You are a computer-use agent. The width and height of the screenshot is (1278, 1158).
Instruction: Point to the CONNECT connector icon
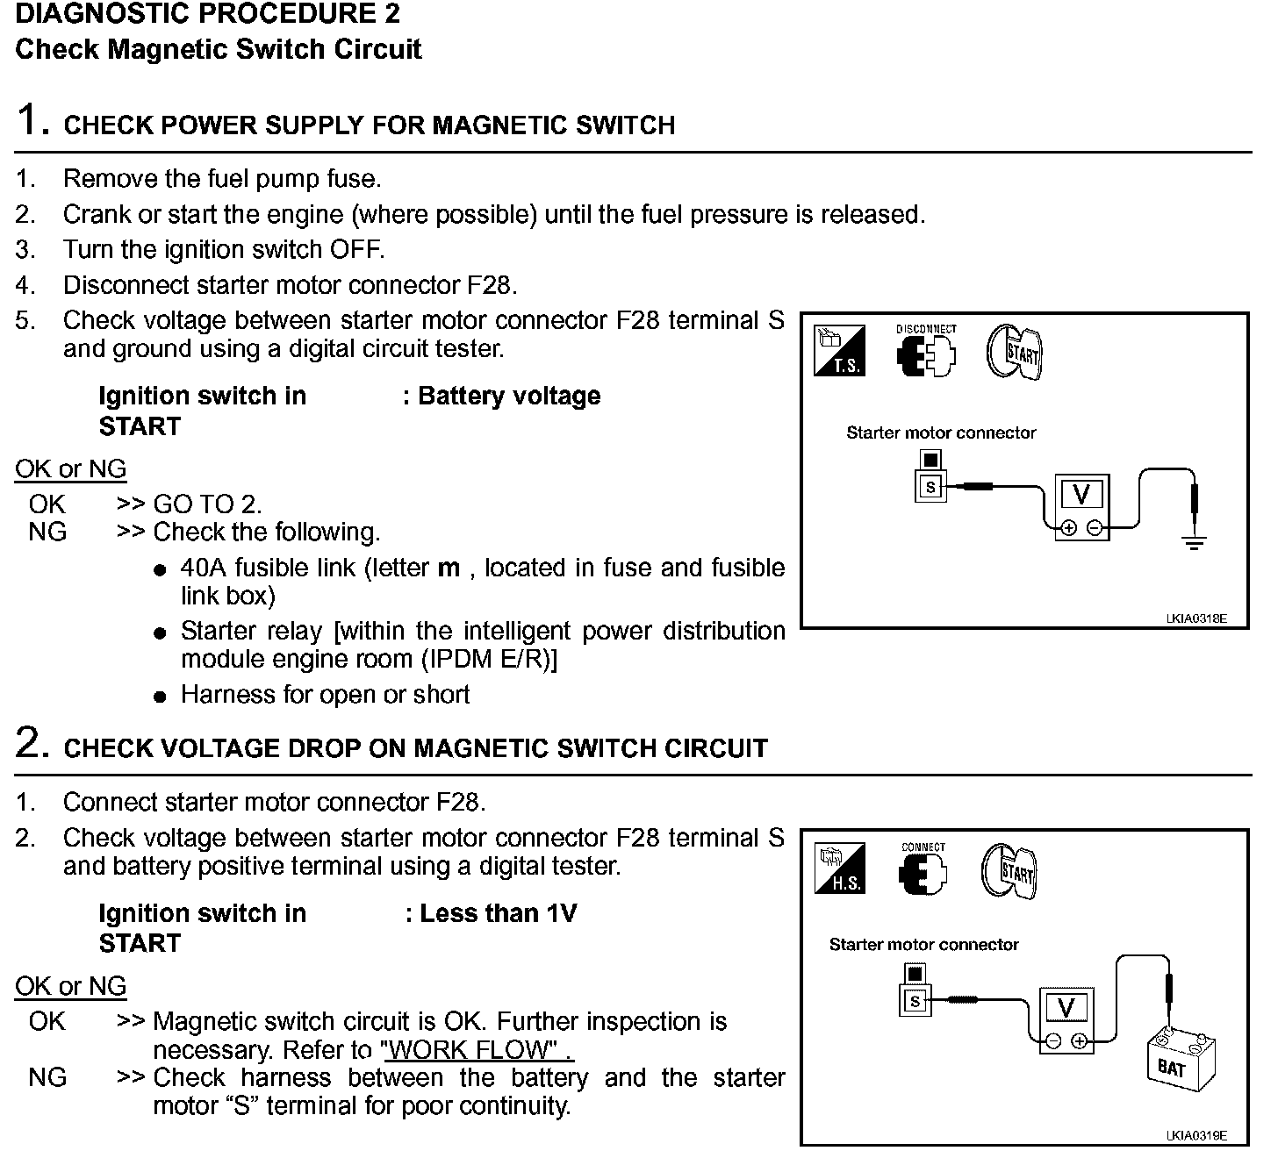tap(923, 873)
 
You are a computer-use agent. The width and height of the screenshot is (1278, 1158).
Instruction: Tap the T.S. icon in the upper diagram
tap(840, 350)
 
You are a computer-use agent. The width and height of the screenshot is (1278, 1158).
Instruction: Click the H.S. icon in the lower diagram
tap(840, 868)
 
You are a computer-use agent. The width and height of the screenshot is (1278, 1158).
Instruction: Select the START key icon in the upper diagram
tap(1015, 353)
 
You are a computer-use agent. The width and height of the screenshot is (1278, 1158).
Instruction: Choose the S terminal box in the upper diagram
tap(930, 487)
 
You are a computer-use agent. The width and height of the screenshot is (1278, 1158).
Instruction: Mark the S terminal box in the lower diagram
tap(915, 1000)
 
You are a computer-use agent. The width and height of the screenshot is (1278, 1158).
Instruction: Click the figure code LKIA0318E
tap(1195, 619)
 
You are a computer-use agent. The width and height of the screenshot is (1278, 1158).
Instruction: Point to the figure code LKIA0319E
tap(1195, 1136)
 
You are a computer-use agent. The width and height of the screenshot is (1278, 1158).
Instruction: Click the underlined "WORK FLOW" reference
tap(477, 1049)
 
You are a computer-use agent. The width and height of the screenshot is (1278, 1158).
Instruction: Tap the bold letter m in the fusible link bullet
tap(449, 568)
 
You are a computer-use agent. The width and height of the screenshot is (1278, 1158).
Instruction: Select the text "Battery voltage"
tap(509, 396)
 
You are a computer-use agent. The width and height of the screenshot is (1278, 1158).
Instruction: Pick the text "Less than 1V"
tap(498, 913)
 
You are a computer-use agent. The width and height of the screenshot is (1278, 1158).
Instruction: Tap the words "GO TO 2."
tap(207, 504)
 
